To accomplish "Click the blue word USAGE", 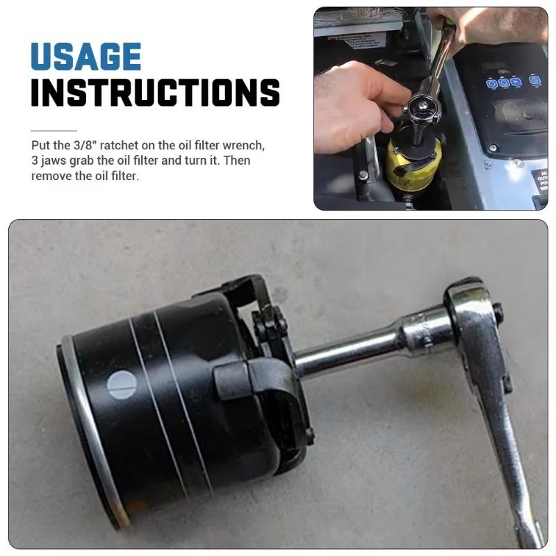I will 86,56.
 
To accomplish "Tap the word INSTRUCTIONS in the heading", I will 155,93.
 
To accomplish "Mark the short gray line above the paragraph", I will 54,131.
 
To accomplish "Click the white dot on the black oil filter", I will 122,384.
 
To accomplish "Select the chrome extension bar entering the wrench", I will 347,351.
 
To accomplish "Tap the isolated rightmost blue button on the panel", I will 534,80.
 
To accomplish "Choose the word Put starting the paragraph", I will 40,146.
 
